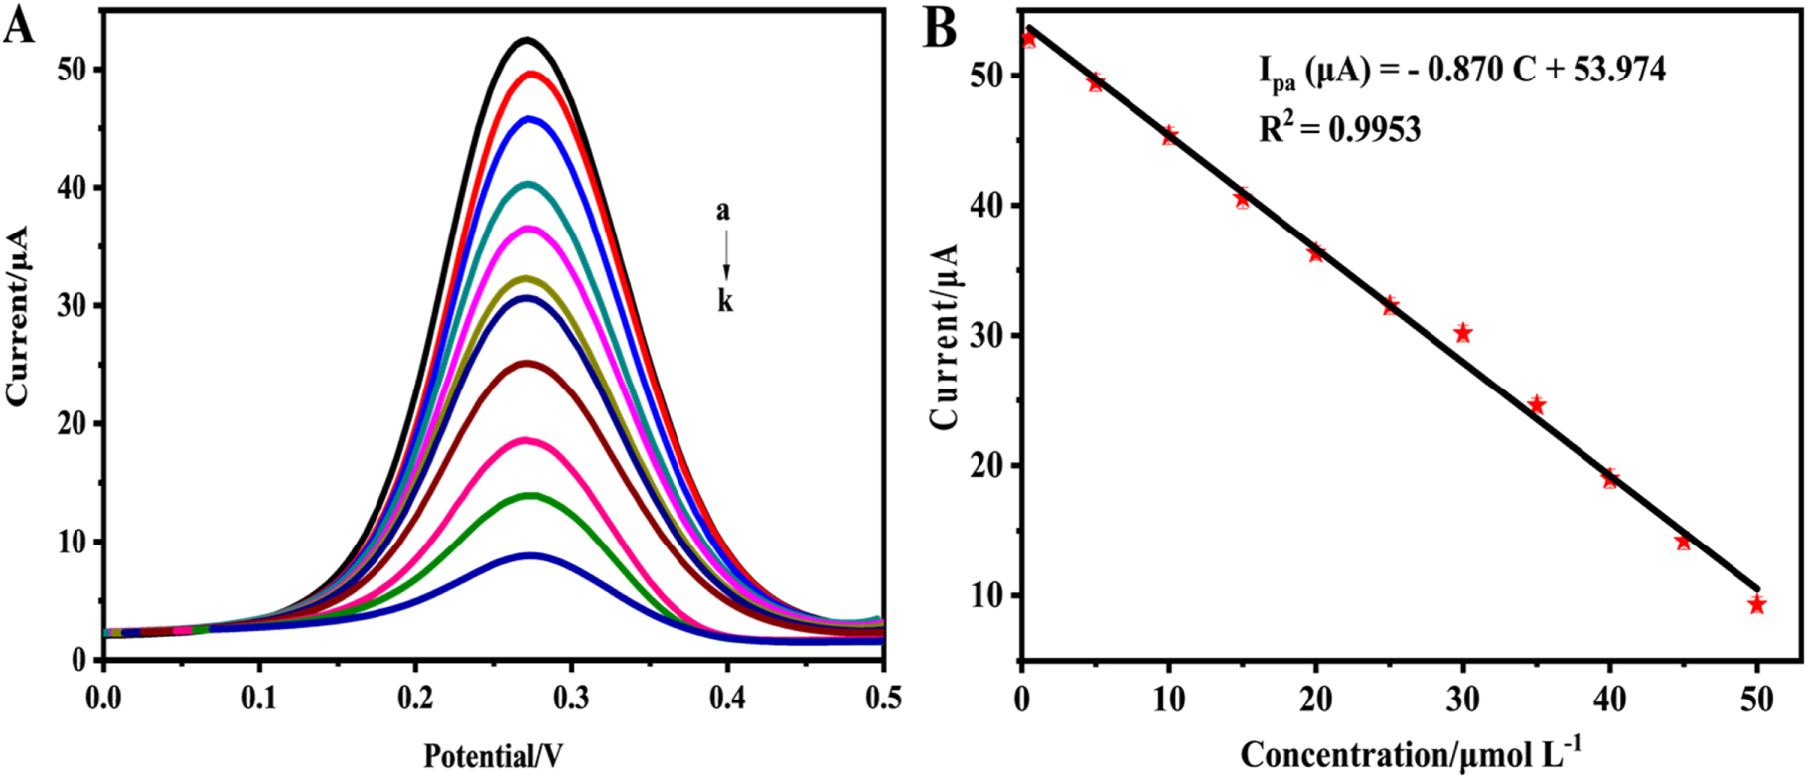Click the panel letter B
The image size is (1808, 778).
pyautogui.click(x=940, y=28)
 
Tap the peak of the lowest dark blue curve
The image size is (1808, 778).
pyautogui.click(x=531, y=555)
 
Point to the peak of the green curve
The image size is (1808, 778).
pyautogui.click(x=530, y=495)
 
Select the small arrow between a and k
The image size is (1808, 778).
pyautogui.click(x=726, y=254)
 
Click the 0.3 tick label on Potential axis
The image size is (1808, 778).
pyautogui.click(x=571, y=699)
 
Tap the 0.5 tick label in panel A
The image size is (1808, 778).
pyautogui.click(x=880, y=699)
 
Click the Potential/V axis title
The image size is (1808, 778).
pyautogui.click(x=493, y=756)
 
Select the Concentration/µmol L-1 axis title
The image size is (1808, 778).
pyautogui.click(x=1411, y=753)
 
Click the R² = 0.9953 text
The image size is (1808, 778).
pyautogui.click(x=1339, y=127)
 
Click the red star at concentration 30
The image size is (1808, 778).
pyautogui.click(x=1462, y=333)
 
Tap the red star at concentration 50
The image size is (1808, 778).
pyautogui.click(x=1756, y=604)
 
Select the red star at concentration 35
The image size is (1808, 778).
pyautogui.click(x=1536, y=404)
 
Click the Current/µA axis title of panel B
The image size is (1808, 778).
pyautogui.click(x=945, y=337)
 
